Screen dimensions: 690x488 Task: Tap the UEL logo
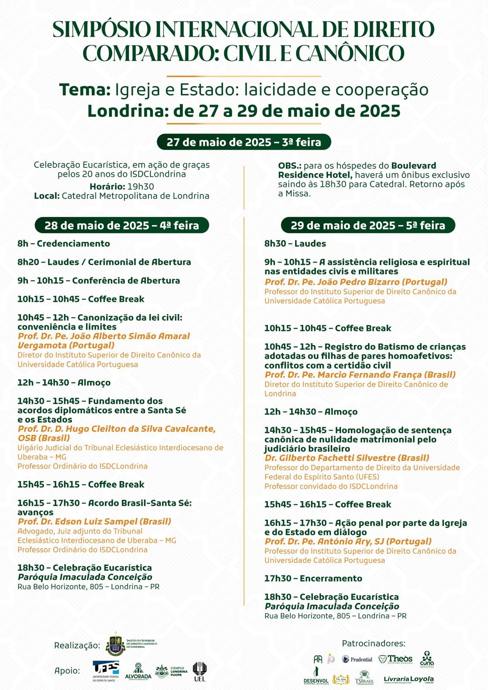pyautogui.click(x=199, y=671)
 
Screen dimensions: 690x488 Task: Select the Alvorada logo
pyautogui.click(x=138, y=671)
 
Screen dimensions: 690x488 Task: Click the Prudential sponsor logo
pyautogui.click(x=357, y=659)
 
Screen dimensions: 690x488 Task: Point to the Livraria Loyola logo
pyautogui.click(x=409, y=680)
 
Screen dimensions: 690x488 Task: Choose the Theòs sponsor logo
pyautogui.click(x=395, y=659)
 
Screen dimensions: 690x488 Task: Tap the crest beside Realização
pyautogui.click(x=116, y=644)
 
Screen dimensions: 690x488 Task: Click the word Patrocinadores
pyautogui.click(x=374, y=643)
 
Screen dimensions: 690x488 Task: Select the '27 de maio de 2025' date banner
pyautogui.click(x=244, y=142)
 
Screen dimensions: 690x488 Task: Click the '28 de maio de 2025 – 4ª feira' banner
pyautogui.click(x=122, y=225)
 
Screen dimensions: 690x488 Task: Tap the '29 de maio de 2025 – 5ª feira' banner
pyautogui.click(x=368, y=225)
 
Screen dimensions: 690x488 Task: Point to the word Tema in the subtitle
pyautogui.click(x=85, y=90)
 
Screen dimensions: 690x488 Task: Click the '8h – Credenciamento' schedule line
pyautogui.click(x=64, y=244)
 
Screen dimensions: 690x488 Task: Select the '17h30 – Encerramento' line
pyautogui.click(x=313, y=578)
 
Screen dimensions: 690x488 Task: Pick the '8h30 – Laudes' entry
pyautogui.click(x=295, y=244)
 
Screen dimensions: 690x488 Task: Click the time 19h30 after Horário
pyautogui.click(x=140, y=186)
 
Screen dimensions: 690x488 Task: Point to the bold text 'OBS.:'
pyautogui.click(x=290, y=166)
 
